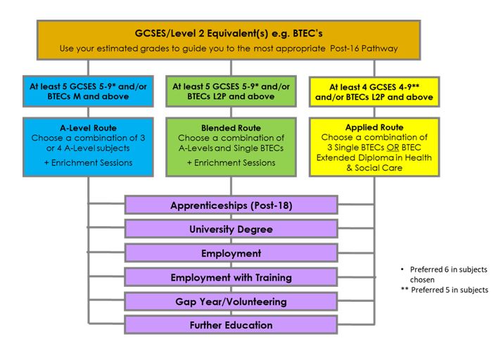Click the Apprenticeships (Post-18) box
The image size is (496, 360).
pos(231,205)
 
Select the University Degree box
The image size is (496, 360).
pos(231,229)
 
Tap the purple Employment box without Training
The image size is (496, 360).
pos(231,253)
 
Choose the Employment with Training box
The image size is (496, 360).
pos(231,277)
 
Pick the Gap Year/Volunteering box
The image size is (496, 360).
pos(231,301)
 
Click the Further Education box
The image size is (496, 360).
pos(231,325)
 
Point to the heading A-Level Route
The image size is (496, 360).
pos(88,128)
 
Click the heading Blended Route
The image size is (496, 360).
pos(231,128)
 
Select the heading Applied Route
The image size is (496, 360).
pos(374,127)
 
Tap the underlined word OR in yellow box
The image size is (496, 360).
pos(393,148)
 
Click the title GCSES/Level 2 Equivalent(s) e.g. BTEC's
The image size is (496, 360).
pos(229,33)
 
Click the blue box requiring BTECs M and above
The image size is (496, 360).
pos(88,91)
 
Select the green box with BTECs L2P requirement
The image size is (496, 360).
pos(231,91)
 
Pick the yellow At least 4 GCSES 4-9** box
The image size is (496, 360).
pos(374,91)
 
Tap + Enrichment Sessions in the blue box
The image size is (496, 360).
pos(88,163)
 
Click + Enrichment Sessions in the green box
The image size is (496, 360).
pos(231,163)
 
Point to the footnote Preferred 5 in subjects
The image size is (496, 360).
pos(450,290)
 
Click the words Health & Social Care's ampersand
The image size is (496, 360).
pos(349,168)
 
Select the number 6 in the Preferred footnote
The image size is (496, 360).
pos(447,269)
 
